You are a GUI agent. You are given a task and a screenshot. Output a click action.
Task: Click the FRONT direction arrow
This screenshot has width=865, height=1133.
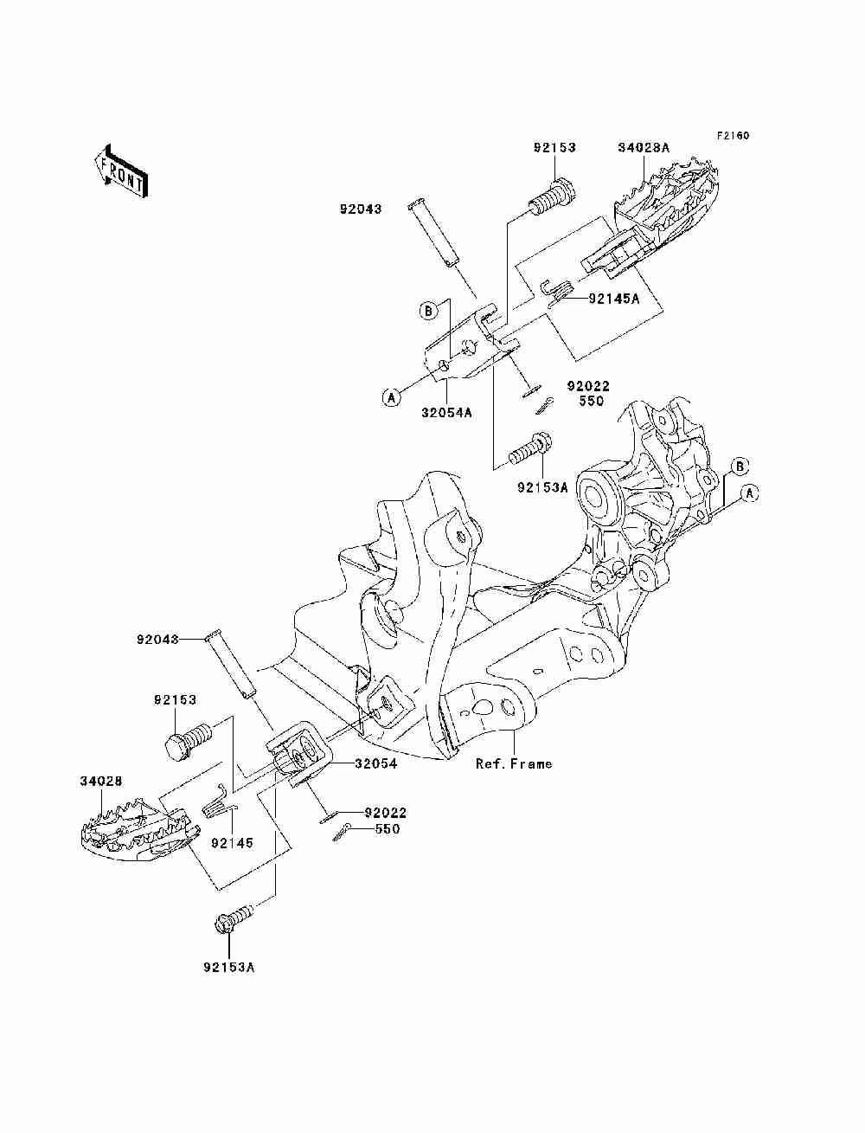(x=122, y=171)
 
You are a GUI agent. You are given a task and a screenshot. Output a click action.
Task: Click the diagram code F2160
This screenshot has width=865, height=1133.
(x=733, y=136)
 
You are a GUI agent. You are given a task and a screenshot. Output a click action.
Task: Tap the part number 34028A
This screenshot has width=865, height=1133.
(x=644, y=148)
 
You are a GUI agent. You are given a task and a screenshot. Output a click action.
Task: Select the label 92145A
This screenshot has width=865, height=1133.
(x=614, y=299)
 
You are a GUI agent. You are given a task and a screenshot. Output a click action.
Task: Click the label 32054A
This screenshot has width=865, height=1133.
(x=446, y=413)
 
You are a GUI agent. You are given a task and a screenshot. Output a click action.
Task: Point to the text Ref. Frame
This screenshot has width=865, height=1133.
(x=514, y=763)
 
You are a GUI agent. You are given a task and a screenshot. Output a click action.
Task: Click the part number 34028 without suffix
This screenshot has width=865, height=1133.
(x=101, y=781)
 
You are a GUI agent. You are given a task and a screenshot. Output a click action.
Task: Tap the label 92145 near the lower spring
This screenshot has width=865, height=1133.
(x=232, y=843)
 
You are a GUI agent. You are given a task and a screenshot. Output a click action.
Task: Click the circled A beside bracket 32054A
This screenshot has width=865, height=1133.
(x=392, y=397)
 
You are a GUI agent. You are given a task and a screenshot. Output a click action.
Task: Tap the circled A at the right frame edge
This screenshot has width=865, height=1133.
(x=749, y=493)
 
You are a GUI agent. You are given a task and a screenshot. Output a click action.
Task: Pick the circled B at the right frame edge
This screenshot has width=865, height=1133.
(x=740, y=467)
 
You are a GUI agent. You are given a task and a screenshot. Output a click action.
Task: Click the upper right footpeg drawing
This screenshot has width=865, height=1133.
(x=651, y=216)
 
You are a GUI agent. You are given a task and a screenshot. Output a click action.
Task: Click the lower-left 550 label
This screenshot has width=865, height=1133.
(x=388, y=828)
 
